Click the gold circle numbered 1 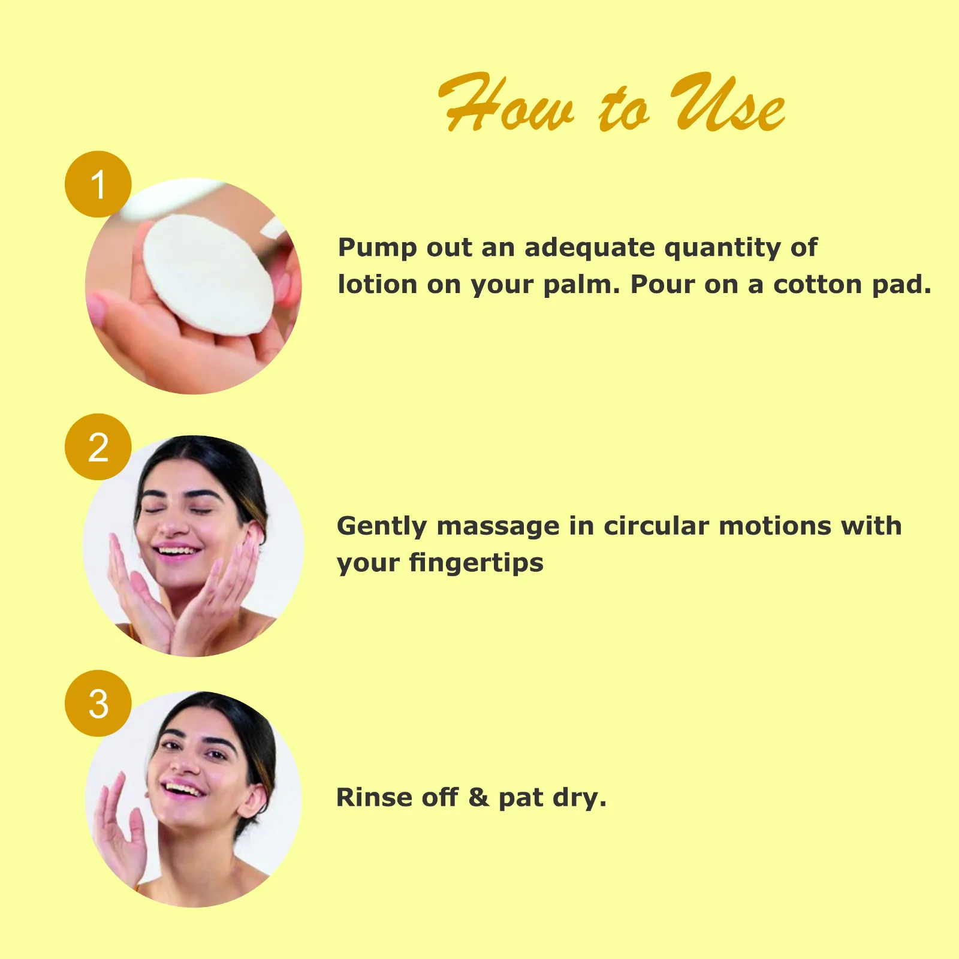(x=98, y=184)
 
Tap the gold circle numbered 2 (x=98, y=447)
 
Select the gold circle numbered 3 (x=98, y=703)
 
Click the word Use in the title (x=727, y=103)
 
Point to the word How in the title (x=506, y=103)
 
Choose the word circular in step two (x=656, y=526)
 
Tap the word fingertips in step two (x=476, y=564)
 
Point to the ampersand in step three (x=478, y=798)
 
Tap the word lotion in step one (x=378, y=285)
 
